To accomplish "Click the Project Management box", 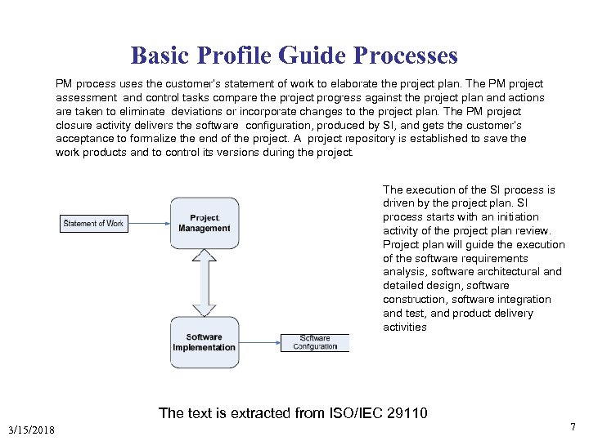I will point(205,223).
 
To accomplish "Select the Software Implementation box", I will point(205,341).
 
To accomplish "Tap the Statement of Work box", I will point(93,223).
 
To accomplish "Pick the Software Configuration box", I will point(315,342).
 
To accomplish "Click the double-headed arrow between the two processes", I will point(205,283).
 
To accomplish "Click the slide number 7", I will point(573,427).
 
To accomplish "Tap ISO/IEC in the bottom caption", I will point(354,413).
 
